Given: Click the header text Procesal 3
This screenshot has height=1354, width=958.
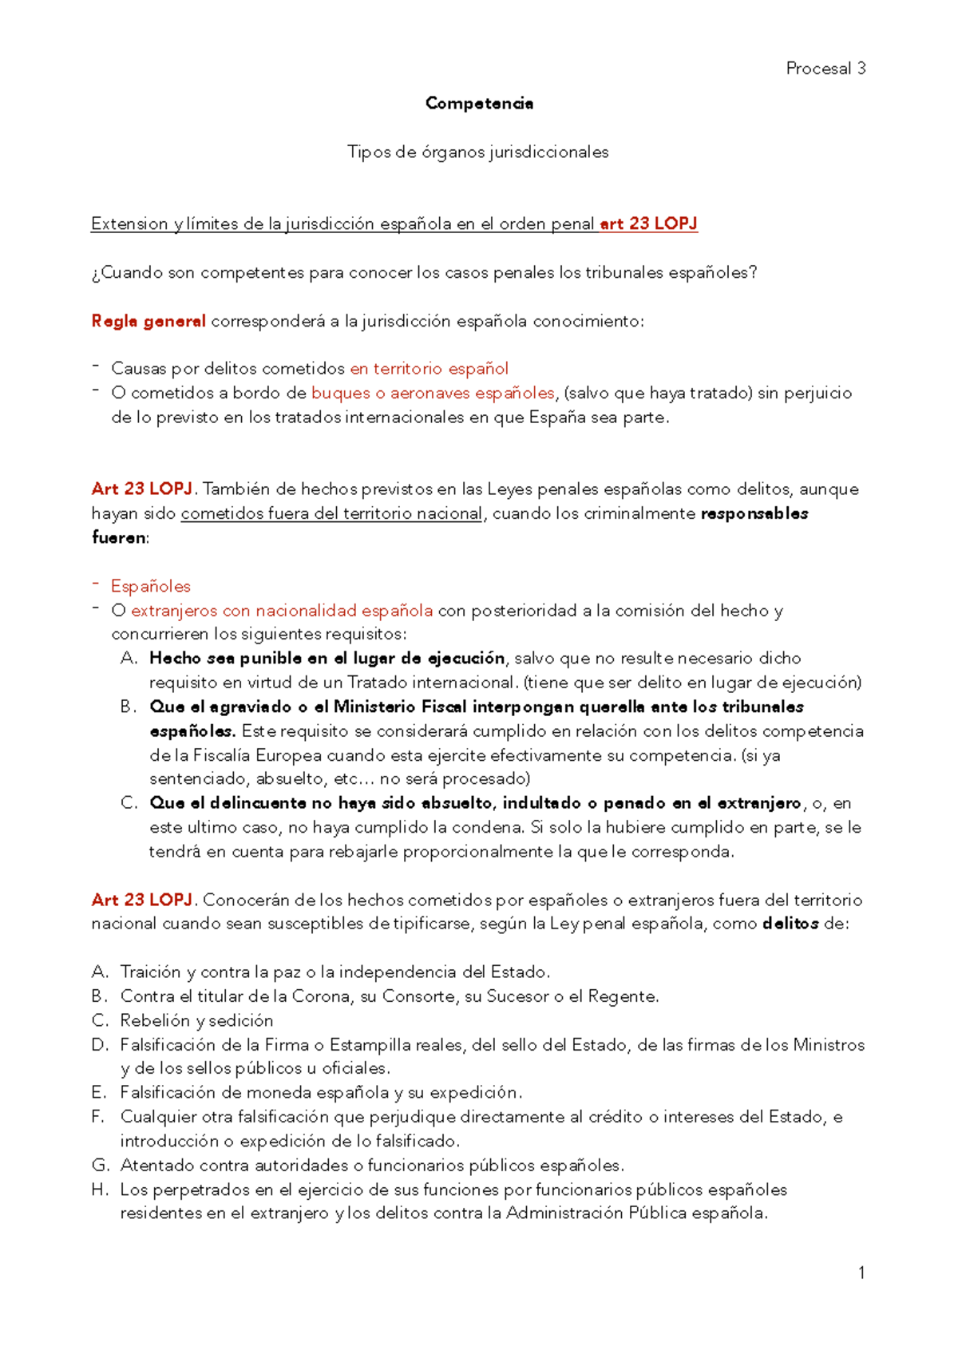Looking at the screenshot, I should point(825,69).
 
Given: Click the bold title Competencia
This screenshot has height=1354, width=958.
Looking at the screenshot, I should point(479,103).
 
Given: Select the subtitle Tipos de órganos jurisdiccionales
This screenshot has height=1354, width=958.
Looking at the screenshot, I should point(477,152).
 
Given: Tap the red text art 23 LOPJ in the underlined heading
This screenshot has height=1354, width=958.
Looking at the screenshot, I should point(648,224).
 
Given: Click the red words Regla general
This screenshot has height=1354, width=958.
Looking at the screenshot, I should point(148,321).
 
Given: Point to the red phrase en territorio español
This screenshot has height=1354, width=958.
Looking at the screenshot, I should point(429,369).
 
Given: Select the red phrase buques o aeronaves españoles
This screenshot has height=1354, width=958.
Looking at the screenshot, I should point(433,393).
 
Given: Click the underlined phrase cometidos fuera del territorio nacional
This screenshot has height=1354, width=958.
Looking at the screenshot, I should point(331,513).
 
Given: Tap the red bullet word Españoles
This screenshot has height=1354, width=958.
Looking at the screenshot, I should point(151,586).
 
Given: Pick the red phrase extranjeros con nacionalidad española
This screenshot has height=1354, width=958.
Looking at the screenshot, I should point(282,611).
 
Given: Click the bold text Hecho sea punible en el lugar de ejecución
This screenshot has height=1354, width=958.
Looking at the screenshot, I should point(327,659).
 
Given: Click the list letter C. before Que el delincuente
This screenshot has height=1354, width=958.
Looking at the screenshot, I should point(129,803).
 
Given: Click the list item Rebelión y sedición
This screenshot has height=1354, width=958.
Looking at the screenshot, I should point(196,1020).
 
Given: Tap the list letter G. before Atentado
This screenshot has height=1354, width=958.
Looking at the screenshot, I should point(101,1166).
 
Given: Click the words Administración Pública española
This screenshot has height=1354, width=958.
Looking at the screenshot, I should point(635,1213).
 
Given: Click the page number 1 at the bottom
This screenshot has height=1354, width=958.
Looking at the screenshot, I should point(861,1273).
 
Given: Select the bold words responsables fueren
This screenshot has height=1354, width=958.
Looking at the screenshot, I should point(754,513).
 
